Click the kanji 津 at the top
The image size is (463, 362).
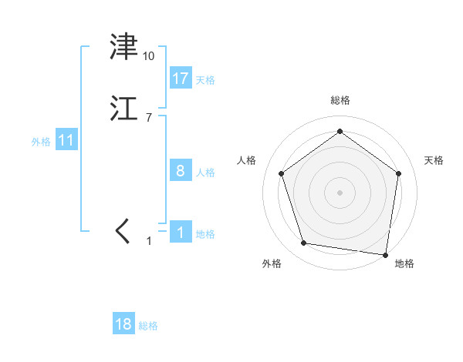pos(124,48)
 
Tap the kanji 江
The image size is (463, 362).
pos(124,109)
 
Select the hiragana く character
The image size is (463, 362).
pos(123,232)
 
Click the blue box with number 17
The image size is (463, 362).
pos(181,79)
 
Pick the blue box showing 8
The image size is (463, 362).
pos(181,171)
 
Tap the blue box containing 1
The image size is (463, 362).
pos(181,233)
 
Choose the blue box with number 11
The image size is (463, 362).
pos(66,141)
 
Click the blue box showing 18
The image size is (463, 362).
pos(123,324)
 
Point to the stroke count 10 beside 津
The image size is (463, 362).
pos(148,56)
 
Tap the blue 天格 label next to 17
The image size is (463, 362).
pos(205,80)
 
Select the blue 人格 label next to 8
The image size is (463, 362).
pos(205,173)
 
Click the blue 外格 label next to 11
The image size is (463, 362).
pos(41,142)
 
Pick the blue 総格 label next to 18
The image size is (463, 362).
pos(148,326)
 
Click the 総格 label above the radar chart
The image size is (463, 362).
pos(340,100)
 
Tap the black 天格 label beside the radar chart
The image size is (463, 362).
pos(434,160)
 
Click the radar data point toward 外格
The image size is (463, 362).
pos(304,243)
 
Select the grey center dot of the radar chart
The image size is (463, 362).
pos(340,192)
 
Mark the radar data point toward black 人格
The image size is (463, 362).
pos(281,173)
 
